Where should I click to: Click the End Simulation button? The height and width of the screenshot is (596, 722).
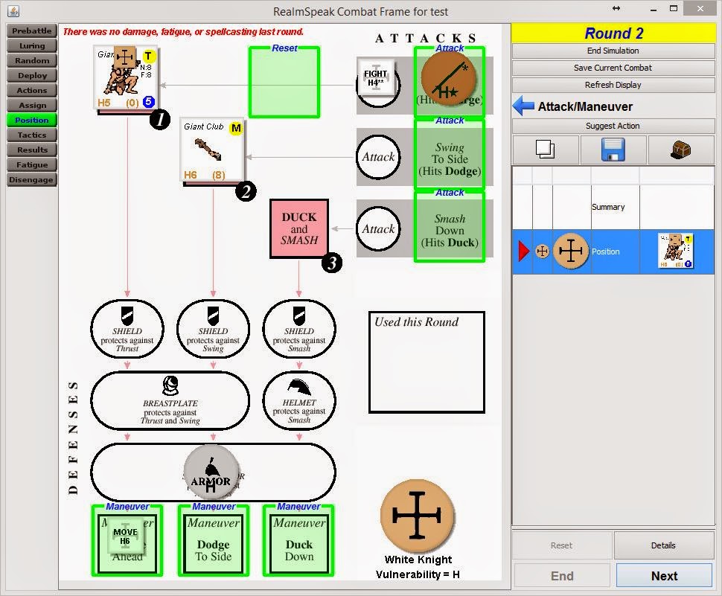click(613, 51)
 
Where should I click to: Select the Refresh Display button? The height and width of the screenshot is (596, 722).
click(613, 85)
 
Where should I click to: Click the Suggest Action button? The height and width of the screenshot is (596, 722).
click(613, 126)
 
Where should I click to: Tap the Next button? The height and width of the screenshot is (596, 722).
click(663, 575)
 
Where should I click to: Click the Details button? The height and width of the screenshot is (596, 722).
click(662, 545)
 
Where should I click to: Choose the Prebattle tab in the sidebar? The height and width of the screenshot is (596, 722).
click(32, 31)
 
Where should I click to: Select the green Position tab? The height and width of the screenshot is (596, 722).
click(32, 121)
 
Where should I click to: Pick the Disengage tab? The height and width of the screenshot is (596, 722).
click(32, 180)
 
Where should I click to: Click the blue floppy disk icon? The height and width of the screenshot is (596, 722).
click(613, 150)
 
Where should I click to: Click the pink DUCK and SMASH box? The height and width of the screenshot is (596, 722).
click(299, 228)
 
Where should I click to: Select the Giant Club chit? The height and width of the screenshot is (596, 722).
click(214, 153)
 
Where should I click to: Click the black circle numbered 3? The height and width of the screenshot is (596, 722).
click(332, 263)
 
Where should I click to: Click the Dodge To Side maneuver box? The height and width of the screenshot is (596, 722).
click(214, 540)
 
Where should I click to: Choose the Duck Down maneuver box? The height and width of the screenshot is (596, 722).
click(298, 540)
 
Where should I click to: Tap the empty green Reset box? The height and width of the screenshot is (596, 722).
click(284, 83)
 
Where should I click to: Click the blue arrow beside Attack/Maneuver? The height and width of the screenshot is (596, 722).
click(523, 106)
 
